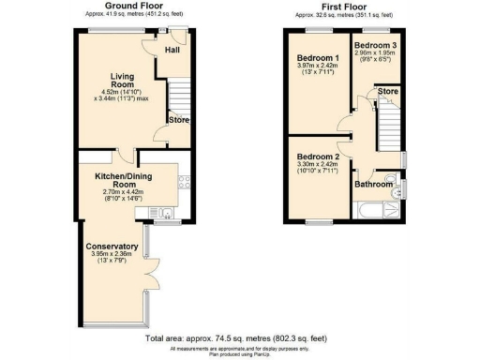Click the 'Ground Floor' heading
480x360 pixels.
tap(130, 7)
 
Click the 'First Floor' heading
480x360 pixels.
tap(344, 7)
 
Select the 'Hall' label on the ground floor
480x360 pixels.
tap(172, 50)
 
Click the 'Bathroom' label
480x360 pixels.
tap(372, 185)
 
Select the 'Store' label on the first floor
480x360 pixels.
tap(387, 92)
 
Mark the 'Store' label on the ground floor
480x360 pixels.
tap(178, 119)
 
